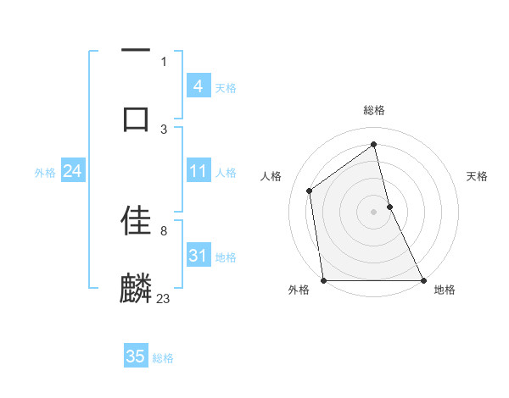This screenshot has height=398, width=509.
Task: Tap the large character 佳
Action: tap(136, 220)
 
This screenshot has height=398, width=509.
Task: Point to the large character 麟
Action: tap(136, 288)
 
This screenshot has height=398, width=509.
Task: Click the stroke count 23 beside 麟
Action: tap(164, 298)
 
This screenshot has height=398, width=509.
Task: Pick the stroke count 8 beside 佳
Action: tap(164, 230)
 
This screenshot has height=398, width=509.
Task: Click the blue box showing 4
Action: tap(198, 86)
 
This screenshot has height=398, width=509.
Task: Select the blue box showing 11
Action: tap(198, 171)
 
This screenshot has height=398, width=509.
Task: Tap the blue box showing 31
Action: tap(198, 256)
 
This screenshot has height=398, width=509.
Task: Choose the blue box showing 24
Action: tap(72, 171)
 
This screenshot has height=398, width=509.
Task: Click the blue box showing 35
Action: tap(136, 357)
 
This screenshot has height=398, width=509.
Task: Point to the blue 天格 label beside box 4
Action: tap(226, 88)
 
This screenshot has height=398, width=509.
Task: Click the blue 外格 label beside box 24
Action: tap(45, 173)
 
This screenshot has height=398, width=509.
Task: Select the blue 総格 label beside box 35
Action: tap(163, 358)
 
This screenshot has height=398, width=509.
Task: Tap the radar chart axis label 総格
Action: tap(374, 110)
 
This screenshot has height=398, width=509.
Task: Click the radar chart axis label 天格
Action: tap(478, 176)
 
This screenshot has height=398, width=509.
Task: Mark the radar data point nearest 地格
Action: tap(422, 279)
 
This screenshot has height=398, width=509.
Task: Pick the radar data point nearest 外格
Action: tap(323, 279)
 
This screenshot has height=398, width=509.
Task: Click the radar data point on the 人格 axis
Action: tap(310, 191)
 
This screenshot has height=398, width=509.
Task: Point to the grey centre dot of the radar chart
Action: tap(373, 211)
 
